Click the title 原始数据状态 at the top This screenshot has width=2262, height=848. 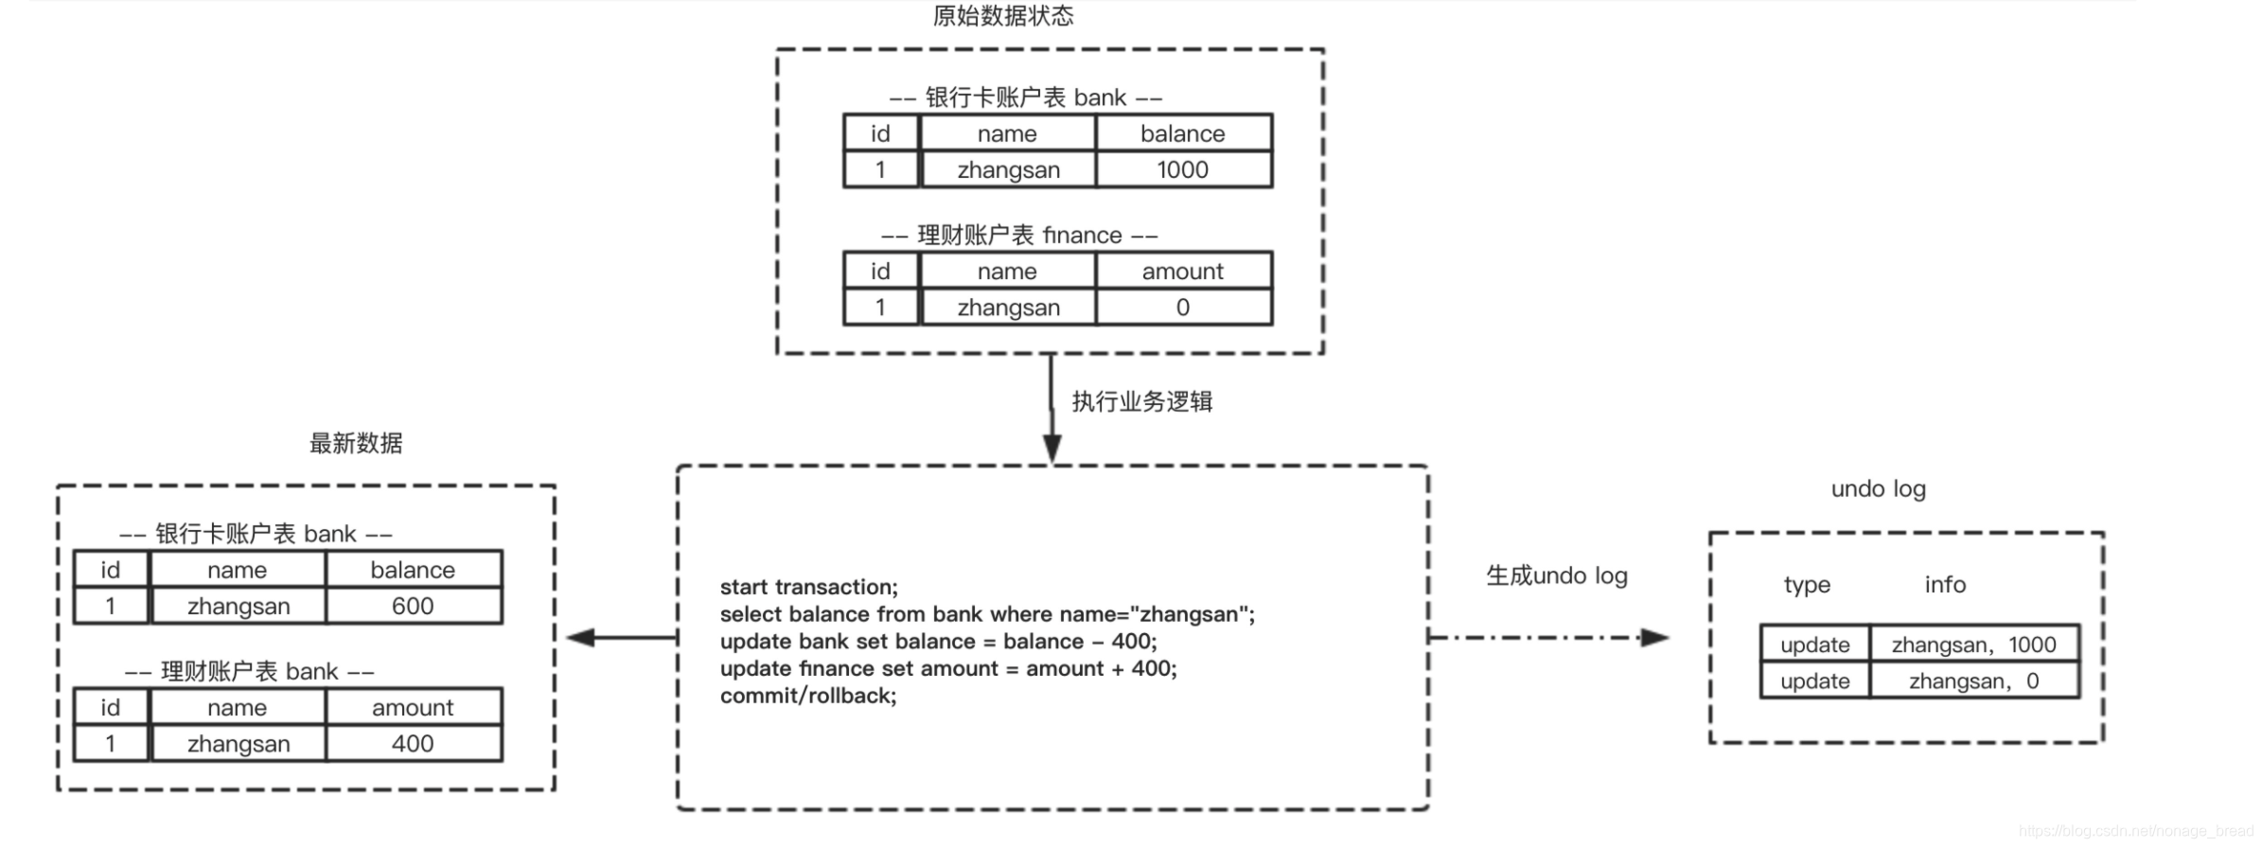[1002, 16]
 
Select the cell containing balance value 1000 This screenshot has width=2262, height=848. [1182, 169]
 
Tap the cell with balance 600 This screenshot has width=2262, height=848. [413, 606]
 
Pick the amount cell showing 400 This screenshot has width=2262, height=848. [413, 744]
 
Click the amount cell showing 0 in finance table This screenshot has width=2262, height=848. [1182, 308]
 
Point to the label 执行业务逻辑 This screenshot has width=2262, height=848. [1141, 401]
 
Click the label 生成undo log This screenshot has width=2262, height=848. [1556, 575]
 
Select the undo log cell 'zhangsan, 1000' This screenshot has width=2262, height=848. [1973, 645]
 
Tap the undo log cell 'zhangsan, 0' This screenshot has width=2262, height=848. [1973, 681]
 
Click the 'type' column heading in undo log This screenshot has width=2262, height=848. [1807, 585]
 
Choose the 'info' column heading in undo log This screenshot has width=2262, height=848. [1945, 585]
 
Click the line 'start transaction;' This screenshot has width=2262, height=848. [808, 587]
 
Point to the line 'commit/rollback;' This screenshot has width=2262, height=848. [807, 696]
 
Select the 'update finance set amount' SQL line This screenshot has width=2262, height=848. [947, 668]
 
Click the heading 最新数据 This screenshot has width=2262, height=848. [356, 443]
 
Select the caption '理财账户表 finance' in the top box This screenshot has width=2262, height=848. [1019, 235]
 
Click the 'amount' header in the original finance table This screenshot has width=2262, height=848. [1182, 272]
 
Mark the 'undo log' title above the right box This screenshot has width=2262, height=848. [1878, 489]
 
